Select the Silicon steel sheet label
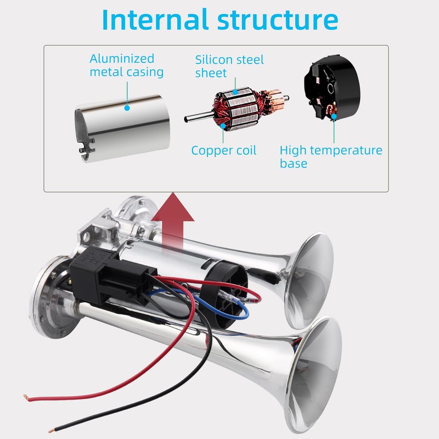[229, 66]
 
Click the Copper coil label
[223, 150]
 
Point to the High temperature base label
[330, 156]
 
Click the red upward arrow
[173, 219]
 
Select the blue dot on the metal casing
[127, 108]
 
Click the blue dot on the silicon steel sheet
[235, 92]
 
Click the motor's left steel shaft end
[189, 116]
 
